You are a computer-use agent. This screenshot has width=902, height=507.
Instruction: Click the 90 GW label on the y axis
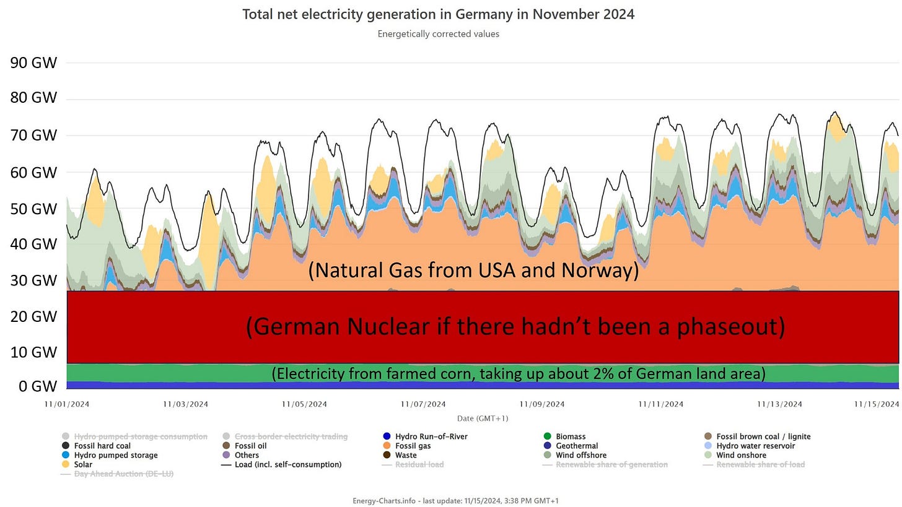[x=33, y=63]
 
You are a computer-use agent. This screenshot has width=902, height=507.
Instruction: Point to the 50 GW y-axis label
[x=33, y=209]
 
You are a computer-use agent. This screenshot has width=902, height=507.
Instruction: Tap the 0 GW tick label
[x=38, y=386]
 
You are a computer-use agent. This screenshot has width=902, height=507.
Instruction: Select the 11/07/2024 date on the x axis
[x=423, y=404]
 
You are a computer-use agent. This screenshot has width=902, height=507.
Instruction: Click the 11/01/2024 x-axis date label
[x=67, y=404]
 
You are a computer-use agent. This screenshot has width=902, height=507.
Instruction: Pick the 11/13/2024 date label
[x=779, y=404]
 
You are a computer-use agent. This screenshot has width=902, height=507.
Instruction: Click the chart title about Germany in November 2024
[x=438, y=14]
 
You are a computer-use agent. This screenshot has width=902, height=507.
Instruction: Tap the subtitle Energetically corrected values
[x=438, y=34]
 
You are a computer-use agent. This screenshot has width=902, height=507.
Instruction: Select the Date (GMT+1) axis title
[x=483, y=418]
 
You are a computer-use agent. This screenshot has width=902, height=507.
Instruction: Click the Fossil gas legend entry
[x=408, y=446]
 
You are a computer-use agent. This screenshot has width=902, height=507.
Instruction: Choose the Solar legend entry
[x=77, y=464]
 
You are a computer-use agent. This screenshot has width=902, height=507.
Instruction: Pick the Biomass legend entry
[x=565, y=436]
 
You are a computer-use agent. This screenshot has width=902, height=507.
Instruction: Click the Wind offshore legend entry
[x=575, y=455]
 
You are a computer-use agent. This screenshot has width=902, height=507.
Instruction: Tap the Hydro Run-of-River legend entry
[x=425, y=436]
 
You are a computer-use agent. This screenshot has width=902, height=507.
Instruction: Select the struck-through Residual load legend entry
[x=413, y=464]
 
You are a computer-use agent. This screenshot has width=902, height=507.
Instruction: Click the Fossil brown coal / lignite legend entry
[x=758, y=436]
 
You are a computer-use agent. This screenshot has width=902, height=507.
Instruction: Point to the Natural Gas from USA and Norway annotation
[x=473, y=270]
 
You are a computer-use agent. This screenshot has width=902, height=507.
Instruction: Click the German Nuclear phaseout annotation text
[x=515, y=326]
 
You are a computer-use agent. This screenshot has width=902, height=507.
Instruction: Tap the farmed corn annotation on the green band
[x=519, y=374]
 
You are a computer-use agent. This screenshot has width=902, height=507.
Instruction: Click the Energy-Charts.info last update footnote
[x=455, y=501]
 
